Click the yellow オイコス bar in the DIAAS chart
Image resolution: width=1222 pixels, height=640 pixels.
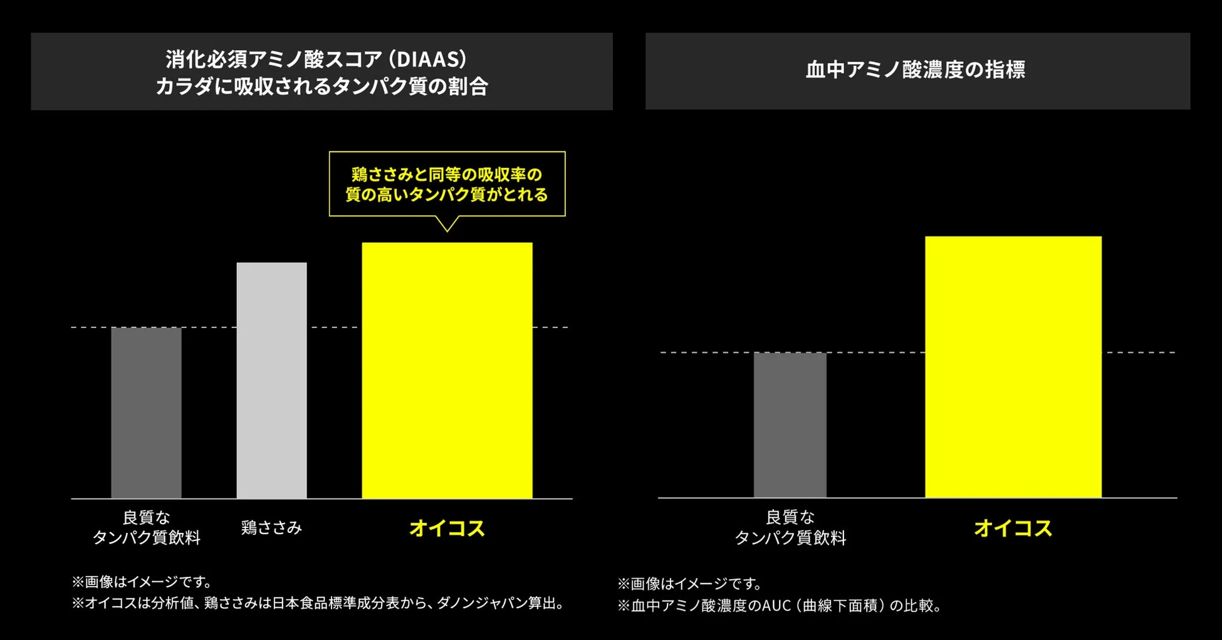point(447,370)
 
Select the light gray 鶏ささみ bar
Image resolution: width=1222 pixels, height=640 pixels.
point(271,380)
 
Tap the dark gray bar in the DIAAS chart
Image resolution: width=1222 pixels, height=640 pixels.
point(146,413)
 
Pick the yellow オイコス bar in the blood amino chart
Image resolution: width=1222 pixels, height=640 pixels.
point(1013,367)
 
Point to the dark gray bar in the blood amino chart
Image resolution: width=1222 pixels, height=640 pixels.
point(790,425)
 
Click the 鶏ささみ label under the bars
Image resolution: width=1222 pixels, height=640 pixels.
point(271,528)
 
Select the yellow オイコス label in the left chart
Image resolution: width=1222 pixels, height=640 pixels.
point(447,529)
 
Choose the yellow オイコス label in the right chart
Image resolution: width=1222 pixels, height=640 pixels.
point(1013,529)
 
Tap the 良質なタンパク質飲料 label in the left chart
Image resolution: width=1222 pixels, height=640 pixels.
point(146,527)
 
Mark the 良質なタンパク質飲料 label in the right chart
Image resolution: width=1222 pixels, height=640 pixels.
point(790,527)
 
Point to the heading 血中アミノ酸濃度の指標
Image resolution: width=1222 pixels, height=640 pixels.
point(915,70)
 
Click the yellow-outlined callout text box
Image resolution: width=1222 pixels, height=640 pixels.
point(447,184)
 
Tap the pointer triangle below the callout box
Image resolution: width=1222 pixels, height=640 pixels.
point(447,224)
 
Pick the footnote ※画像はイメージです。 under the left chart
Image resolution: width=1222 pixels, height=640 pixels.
point(143,582)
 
